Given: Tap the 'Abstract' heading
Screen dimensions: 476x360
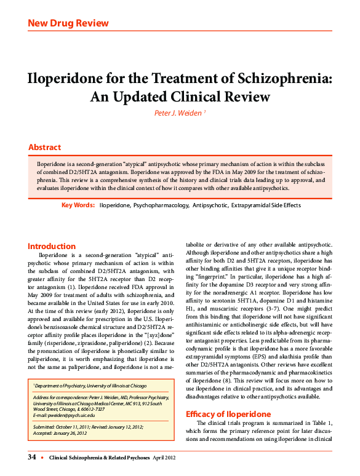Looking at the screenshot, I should (45, 148).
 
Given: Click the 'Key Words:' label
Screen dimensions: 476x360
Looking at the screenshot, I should (78, 204).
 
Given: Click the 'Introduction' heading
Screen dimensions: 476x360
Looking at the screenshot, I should (52, 246).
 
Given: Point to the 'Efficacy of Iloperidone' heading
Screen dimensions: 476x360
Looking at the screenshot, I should (228, 415).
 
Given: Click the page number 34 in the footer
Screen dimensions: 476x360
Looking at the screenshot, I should (33, 458).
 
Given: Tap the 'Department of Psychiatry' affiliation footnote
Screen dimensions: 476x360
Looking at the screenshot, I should (89, 385).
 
